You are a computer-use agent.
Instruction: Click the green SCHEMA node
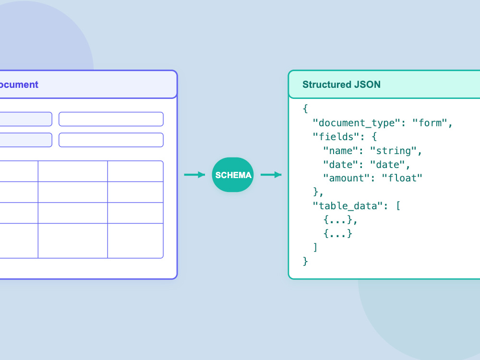pos(233,175)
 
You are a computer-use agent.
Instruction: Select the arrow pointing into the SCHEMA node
pos(194,175)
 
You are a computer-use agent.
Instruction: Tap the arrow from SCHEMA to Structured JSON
pos(271,175)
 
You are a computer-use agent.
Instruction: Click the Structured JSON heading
pos(341,84)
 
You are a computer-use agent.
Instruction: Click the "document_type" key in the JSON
pos(356,123)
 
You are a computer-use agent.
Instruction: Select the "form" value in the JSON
pos(430,123)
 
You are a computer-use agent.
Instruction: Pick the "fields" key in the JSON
pos(336,137)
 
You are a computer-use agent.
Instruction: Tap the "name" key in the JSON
pos(340,151)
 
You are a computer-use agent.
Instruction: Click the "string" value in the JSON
pos(393,151)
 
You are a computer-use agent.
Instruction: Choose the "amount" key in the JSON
pos(347,178)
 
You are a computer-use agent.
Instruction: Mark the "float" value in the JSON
pos(402,178)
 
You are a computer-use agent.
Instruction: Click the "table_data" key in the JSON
pos(348,206)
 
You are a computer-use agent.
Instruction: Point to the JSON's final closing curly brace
pos(305,261)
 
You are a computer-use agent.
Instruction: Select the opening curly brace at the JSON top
pos(305,108)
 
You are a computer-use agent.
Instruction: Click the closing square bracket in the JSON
pos(315,247)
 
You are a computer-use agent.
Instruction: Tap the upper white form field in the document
pos(111,119)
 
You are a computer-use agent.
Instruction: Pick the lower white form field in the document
pos(111,140)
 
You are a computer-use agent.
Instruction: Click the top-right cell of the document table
pos(135,171)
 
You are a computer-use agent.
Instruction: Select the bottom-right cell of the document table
pos(135,240)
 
